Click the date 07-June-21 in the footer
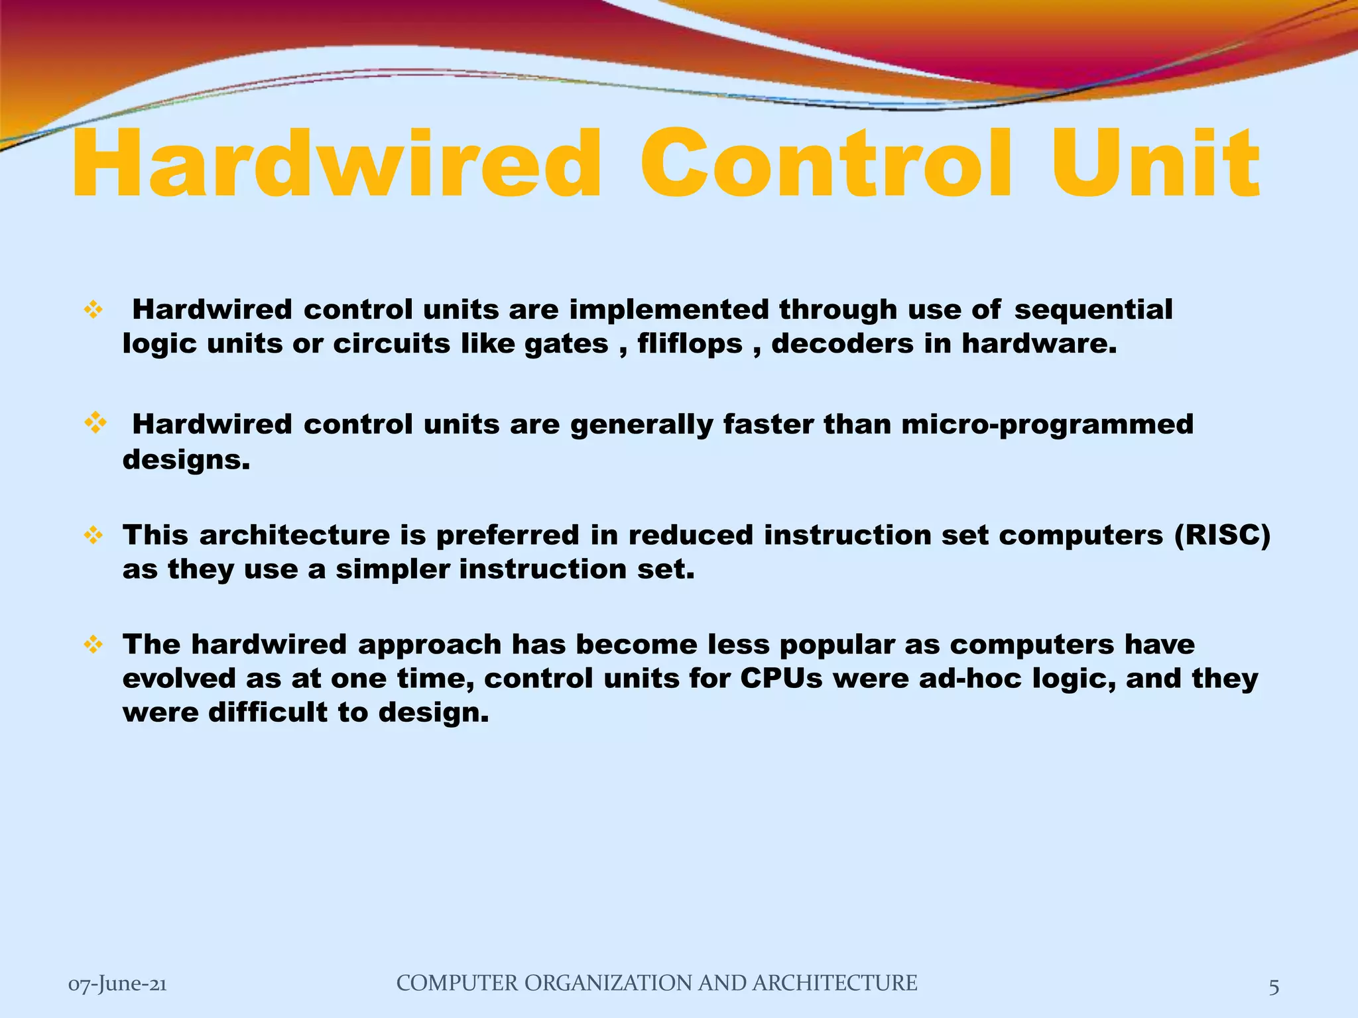pos(117,984)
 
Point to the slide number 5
pos(1274,987)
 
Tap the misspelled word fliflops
pos(690,343)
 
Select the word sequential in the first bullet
pos(1093,310)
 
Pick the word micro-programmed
pos(1047,424)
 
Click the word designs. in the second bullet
pos(186,459)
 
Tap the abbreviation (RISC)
pos(1222,535)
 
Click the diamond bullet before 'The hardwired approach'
pos(93,644)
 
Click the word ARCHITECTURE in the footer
pos(835,983)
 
